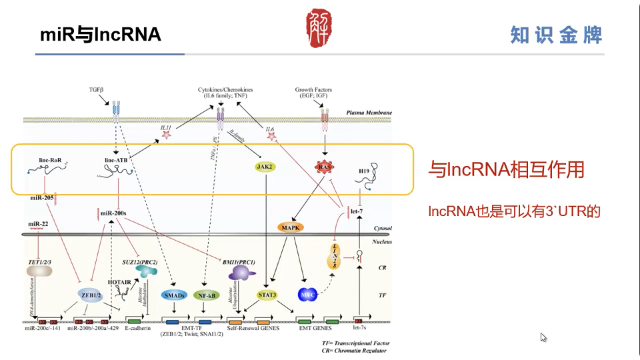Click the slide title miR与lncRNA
pyautogui.click(x=101, y=35)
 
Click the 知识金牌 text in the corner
pyautogui.click(x=556, y=35)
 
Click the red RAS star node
pyautogui.click(x=324, y=167)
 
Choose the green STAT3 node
pyautogui.click(x=268, y=294)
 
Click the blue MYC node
pyautogui.click(x=307, y=294)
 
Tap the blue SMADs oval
pyautogui.click(x=175, y=295)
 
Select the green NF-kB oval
pyautogui.click(x=206, y=295)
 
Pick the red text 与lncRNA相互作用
pyautogui.click(x=506, y=170)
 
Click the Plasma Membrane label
pyautogui.click(x=369, y=113)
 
